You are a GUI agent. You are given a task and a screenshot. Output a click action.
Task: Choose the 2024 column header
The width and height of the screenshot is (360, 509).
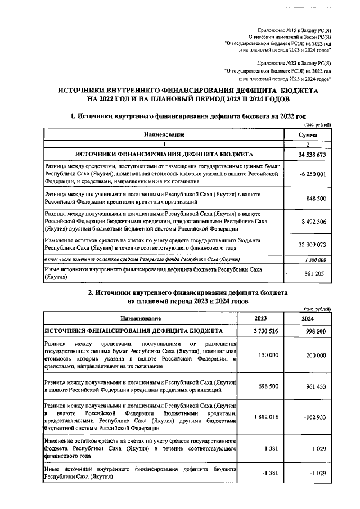point(308,318)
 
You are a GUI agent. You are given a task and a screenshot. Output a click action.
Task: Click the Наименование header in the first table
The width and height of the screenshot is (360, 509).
point(164,135)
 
